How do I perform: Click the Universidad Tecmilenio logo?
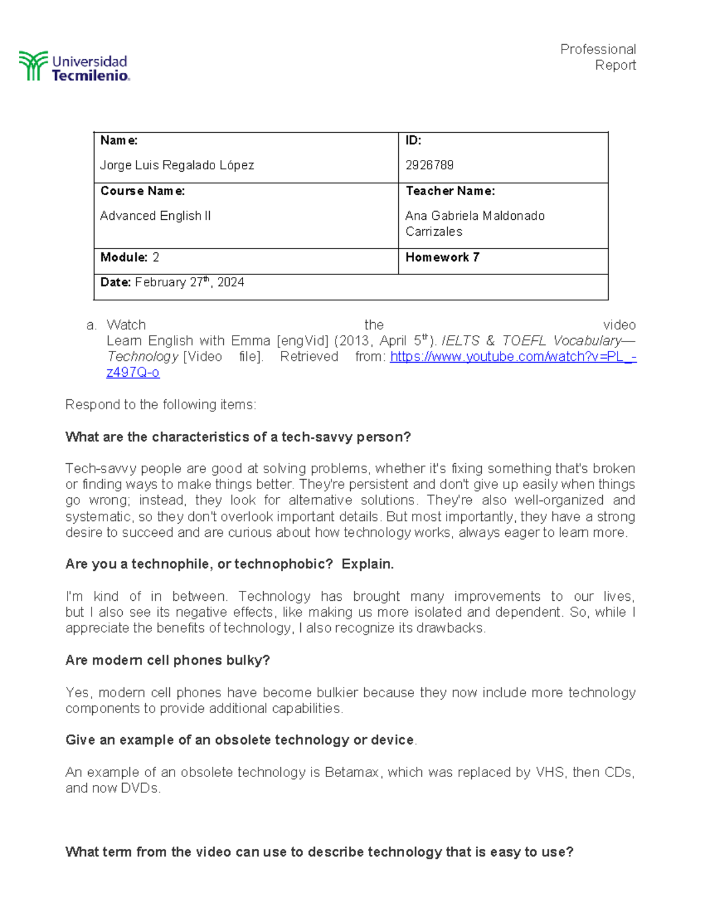(74, 66)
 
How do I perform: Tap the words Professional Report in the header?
(598, 57)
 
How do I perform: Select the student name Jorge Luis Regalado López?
(177, 165)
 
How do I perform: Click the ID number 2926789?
(429, 165)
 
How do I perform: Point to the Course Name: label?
(142, 191)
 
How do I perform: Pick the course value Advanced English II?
(155, 216)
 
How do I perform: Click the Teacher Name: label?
(450, 191)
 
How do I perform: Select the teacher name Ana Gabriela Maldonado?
(475, 216)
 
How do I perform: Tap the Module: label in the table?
(124, 257)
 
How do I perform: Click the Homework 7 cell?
(442, 257)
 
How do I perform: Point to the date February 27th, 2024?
(189, 283)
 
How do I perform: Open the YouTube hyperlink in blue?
(512, 357)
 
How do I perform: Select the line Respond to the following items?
(160, 404)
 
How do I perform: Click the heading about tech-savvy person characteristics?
(238, 437)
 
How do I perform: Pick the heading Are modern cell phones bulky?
(167, 660)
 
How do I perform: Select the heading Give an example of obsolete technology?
(240, 740)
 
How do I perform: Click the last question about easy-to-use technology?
(319, 852)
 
